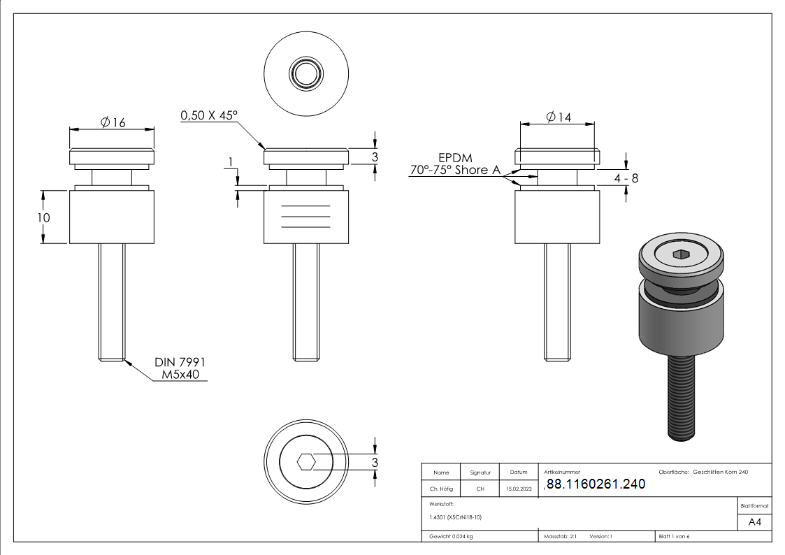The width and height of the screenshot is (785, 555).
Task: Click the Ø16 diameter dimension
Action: (x=113, y=122)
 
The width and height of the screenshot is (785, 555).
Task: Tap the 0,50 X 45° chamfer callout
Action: (x=209, y=115)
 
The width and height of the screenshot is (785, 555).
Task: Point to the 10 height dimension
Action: (x=44, y=217)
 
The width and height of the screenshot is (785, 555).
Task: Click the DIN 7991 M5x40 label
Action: (x=180, y=368)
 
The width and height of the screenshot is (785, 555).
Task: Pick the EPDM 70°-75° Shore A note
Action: (x=452, y=164)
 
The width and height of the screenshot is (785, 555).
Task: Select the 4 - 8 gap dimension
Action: (x=626, y=178)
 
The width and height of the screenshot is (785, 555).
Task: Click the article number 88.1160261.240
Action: (x=594, y=484)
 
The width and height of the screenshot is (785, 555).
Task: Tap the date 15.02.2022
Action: (x=518, y=489)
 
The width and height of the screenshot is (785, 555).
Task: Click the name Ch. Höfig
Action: (x=441, y=489)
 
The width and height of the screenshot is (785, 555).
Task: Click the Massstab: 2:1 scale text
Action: (x=560, y=537)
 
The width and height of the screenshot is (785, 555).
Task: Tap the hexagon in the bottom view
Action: (x=306, y=462)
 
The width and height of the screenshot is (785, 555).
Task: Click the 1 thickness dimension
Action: (x=231, y=163)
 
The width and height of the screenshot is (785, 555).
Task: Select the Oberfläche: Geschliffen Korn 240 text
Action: (x=703, y=473)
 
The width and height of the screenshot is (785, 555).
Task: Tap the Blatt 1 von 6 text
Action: (x=674, y=537)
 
